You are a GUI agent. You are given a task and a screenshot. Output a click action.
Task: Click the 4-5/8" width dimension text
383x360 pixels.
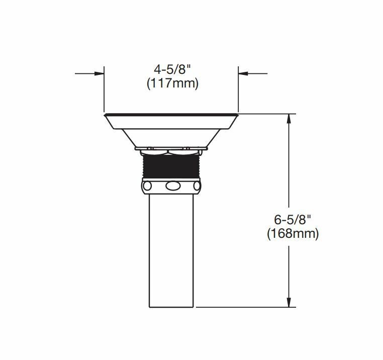click(x=172, y=70)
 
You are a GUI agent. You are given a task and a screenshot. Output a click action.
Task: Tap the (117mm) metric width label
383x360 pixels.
click(x=172, y=84)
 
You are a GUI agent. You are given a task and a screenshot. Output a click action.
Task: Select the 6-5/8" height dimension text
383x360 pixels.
click(x=293, y=220)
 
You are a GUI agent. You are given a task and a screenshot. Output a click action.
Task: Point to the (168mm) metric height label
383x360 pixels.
click(x=293, y=234)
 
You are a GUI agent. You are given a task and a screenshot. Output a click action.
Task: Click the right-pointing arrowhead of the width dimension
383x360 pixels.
click(x=99, y=73)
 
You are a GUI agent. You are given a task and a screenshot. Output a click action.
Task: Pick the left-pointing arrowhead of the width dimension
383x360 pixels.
click(x=243, y=73)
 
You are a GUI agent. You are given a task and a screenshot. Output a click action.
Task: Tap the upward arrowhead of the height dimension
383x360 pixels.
click(x=289, y=119)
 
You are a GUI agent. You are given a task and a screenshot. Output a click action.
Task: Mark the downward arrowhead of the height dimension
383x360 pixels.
click(x=289, y=302)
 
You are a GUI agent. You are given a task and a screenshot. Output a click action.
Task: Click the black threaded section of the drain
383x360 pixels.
click(x=171, y=167)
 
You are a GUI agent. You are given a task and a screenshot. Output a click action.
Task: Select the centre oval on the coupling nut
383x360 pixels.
click(x=173, y=186)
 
